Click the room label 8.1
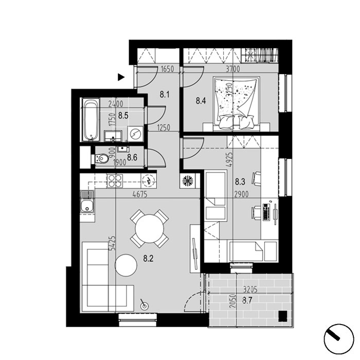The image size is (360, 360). [165, 94]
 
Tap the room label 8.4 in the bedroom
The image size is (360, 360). [201, 101]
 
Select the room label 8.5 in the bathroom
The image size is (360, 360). [123, 116]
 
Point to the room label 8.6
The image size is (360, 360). [132, 157]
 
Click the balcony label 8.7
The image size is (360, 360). [247, 301]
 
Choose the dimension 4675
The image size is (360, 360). [140, 194]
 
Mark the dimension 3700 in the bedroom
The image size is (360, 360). [233, 68]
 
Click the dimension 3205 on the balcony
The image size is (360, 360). [250, 290]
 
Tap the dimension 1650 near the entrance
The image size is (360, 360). [167, 69]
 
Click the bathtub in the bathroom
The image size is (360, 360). [91, 119]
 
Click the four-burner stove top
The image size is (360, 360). [114, 181]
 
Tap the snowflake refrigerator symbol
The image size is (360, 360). [188, 181]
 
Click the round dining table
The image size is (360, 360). [150, 228]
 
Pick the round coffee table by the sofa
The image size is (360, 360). [126, 265]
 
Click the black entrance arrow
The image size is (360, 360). [121, 77]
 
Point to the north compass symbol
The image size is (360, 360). [338, 339]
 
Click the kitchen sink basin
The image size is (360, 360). [86, 206]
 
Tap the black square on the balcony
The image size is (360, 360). [283, 316]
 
